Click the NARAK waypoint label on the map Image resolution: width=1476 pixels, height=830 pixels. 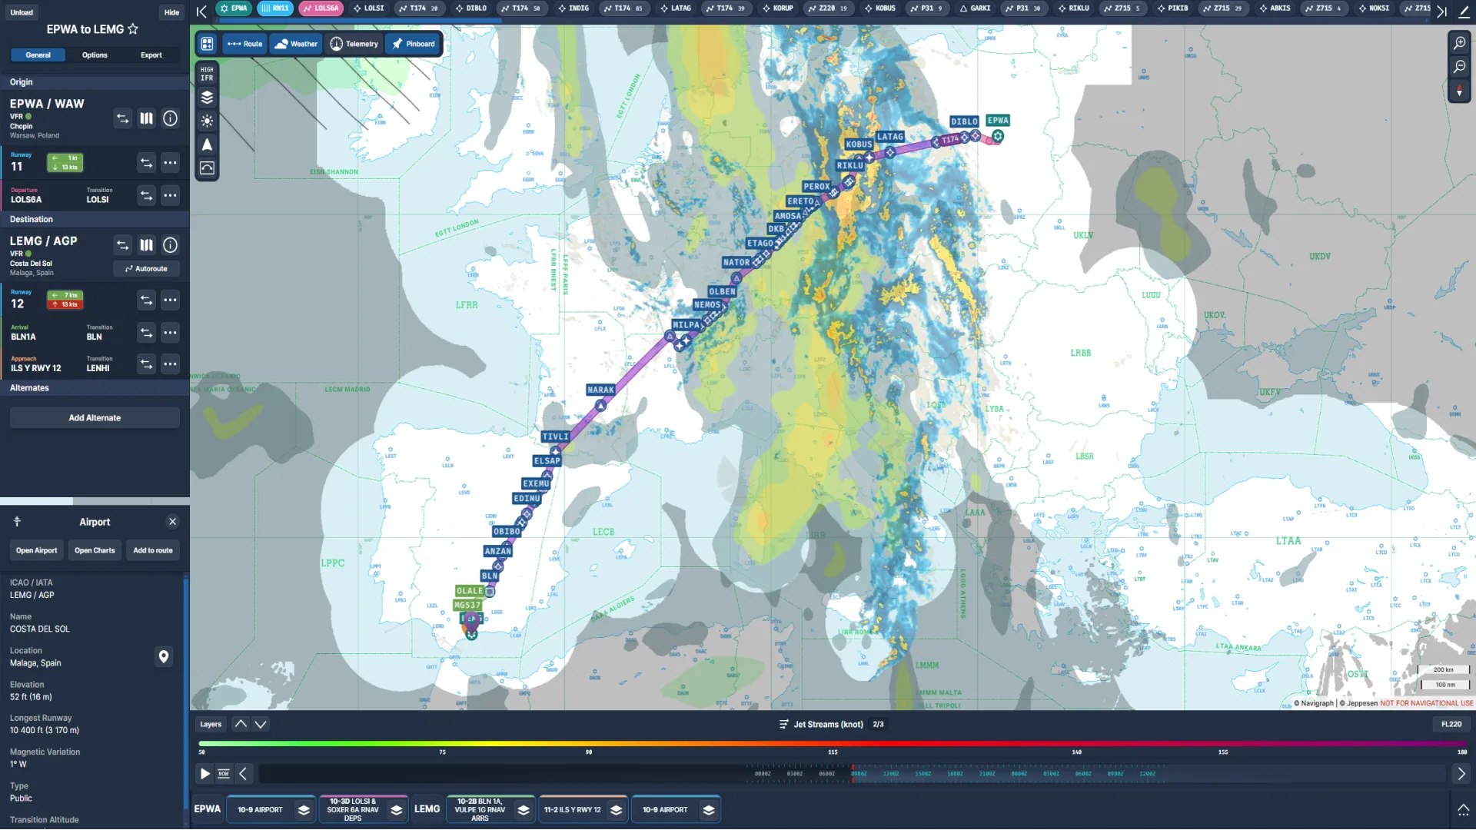(x=600, y=390)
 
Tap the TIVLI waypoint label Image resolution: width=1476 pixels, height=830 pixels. (x=555, y=437)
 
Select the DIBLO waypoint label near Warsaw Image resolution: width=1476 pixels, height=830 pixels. (x=963, y=121)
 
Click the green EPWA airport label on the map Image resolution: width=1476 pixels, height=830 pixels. (x=998, y=120)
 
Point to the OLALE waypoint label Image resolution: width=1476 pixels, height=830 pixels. (x=469, y=591)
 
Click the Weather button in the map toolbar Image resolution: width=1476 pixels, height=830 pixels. (x=296, y=44)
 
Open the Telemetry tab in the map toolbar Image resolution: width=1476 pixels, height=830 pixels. (x=354, y=44)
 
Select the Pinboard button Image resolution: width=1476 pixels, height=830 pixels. (x=414, y=44)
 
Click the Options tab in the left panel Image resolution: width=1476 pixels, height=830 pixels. (x=95, y=55)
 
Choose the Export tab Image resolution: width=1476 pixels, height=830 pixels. (x=151, y=55)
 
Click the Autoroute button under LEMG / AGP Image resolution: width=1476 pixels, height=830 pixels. (x=146, y=269)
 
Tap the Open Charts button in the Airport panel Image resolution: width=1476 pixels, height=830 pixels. (x=95, y=550)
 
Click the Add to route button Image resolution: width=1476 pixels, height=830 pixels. (x=153, y=550)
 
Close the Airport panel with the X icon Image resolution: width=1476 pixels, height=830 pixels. (x=172, y=522)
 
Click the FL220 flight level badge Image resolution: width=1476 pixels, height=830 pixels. (x=1451, y=724)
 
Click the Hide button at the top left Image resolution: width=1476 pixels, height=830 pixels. (x=171, y=12)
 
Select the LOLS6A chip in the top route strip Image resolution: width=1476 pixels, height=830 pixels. (x=321, y=8)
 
